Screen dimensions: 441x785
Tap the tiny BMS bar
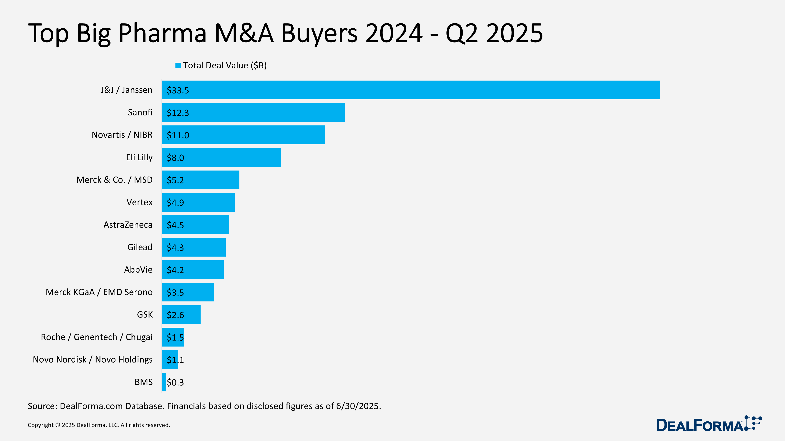pos(164,382)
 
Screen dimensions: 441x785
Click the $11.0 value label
pos(178,135)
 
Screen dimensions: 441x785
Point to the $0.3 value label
pos(175,382)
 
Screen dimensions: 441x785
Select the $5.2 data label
pos(175,180)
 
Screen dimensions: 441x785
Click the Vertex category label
pos(139,202)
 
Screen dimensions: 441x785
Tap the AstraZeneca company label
pos(128,225)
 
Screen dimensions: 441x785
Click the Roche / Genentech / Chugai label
pos(97,337)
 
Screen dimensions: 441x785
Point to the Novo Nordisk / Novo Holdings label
pos(93,359)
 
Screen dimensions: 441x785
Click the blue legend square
pos(178,65)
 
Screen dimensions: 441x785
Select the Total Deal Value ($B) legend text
pos(225,65)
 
